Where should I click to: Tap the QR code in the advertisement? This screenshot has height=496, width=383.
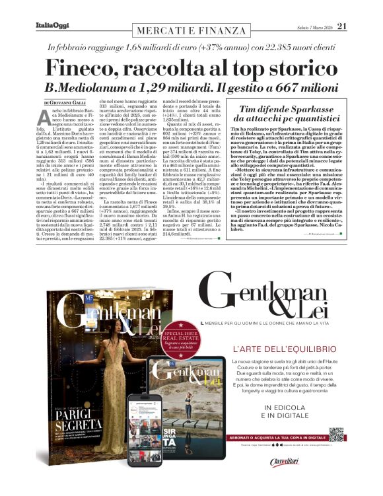click(x=336, y=434)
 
